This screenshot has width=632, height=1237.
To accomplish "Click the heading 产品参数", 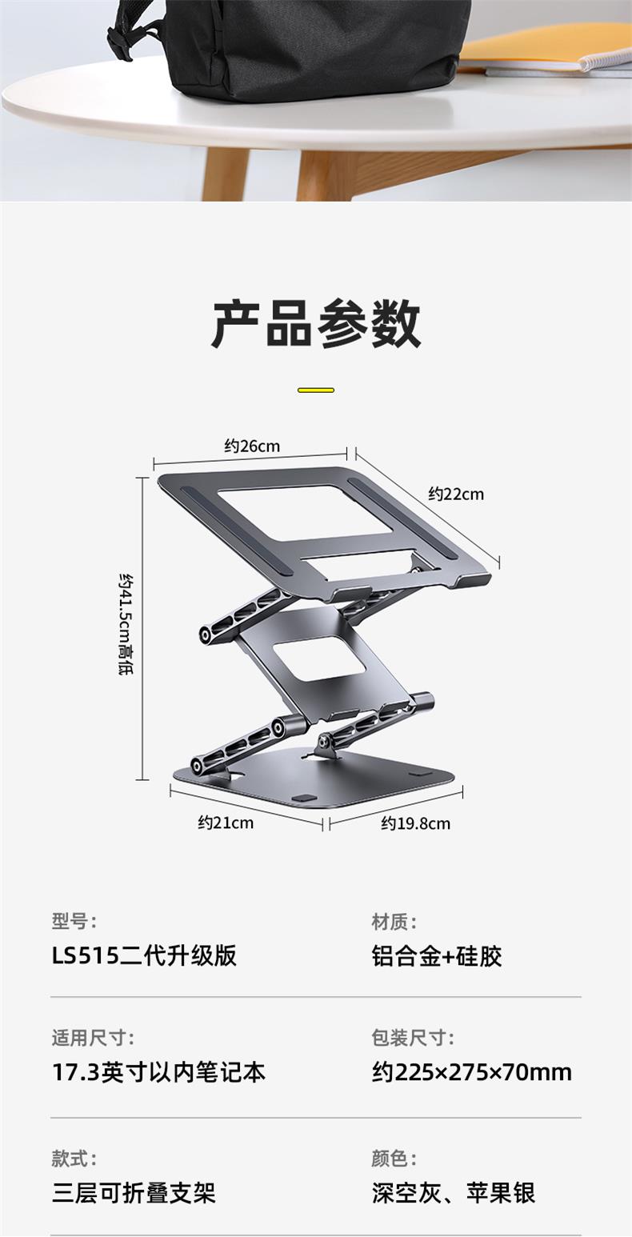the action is [316, 324].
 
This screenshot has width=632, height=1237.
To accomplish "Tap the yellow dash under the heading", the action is [316, 390].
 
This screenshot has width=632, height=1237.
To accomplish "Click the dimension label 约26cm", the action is [252, 446].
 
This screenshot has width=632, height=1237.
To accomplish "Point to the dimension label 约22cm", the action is [456, 494].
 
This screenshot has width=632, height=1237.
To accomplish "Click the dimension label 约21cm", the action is [226, 822].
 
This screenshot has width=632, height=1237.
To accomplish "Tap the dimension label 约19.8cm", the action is [415, 823].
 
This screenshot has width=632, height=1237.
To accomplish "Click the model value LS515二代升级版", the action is [145, 955].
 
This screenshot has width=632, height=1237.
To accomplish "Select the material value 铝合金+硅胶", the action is [437, 955].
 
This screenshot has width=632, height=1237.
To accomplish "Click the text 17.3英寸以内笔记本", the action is [158, 1072].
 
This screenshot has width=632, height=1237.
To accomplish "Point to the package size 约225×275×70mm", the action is [472, 1072].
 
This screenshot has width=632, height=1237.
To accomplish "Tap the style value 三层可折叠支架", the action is [134, 1193].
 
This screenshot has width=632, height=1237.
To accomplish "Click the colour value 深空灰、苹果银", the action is [454, 1193].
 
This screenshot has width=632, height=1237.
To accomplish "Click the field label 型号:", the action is [74, 922].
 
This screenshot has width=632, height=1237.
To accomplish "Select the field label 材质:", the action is [394, 922].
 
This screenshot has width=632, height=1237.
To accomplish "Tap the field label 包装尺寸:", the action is [413, 1039].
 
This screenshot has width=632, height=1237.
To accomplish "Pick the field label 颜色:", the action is [394, 1158].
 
